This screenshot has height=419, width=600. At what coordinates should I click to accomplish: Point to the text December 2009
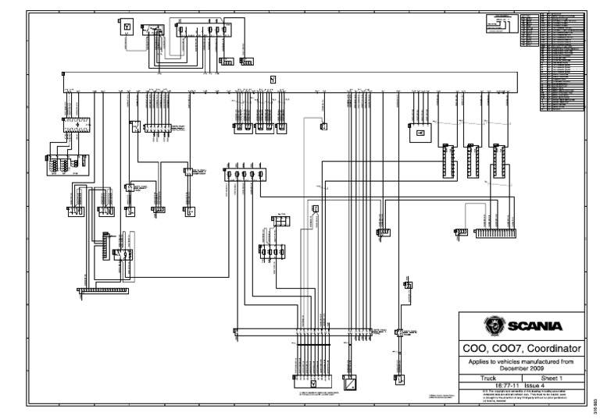[520, 368]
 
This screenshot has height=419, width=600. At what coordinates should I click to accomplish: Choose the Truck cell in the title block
[488, 377]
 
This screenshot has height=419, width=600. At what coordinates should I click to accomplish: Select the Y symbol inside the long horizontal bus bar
[273, 79]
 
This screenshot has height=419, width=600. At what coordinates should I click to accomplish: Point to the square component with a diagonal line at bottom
[349, 383]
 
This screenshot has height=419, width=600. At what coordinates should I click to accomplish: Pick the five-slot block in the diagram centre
[243, 175]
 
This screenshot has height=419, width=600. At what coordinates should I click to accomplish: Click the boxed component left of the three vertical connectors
[420, 133]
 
